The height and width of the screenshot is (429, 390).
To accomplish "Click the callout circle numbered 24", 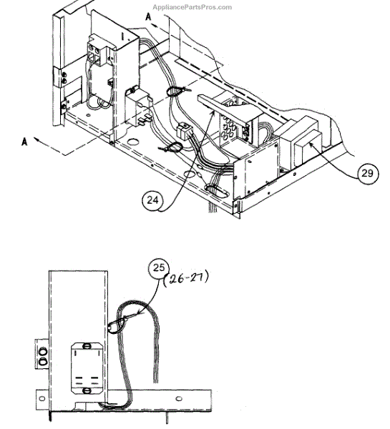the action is tap(152, 200).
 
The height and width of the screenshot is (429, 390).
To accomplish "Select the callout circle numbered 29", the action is tap(368, 174).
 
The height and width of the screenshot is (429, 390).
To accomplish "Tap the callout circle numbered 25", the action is tap(159, 267).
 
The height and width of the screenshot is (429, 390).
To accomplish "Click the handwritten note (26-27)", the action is tap(186, 279).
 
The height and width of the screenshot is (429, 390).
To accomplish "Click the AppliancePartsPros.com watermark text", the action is tap(192, 7).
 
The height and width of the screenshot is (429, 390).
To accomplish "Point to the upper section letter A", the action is tap(148, 17).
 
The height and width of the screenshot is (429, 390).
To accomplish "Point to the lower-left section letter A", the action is tap(24, 142).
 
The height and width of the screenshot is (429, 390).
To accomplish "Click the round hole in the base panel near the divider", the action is tap(133, 142).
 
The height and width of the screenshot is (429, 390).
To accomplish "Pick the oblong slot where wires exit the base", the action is tap(217, 191).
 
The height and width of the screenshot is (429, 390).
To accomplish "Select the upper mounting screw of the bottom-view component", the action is tap(87, 346).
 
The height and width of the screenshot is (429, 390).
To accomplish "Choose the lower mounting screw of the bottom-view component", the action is tap(87, 390).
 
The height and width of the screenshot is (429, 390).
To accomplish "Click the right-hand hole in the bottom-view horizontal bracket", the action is tap(179, 399).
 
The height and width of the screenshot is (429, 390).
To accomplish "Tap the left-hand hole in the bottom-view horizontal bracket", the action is tap(42, 399).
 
